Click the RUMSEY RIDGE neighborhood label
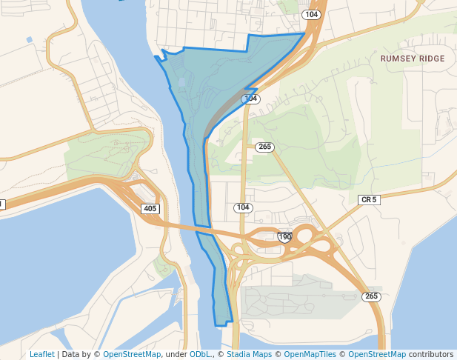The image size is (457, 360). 413,59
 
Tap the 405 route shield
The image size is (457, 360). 150,209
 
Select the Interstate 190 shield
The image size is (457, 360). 285,237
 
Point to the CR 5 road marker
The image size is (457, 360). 368,200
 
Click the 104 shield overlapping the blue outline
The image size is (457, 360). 250,99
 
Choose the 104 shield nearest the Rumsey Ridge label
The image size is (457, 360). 311,15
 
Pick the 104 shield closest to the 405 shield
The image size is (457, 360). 243,207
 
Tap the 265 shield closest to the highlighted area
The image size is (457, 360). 264,147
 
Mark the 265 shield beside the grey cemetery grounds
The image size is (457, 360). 371,296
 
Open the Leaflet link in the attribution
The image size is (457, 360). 42,354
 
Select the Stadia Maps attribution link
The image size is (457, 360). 249,354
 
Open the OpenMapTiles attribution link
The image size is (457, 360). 310,354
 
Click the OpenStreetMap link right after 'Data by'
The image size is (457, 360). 132,354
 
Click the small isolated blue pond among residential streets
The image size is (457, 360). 30,39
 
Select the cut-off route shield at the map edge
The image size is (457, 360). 1,204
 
